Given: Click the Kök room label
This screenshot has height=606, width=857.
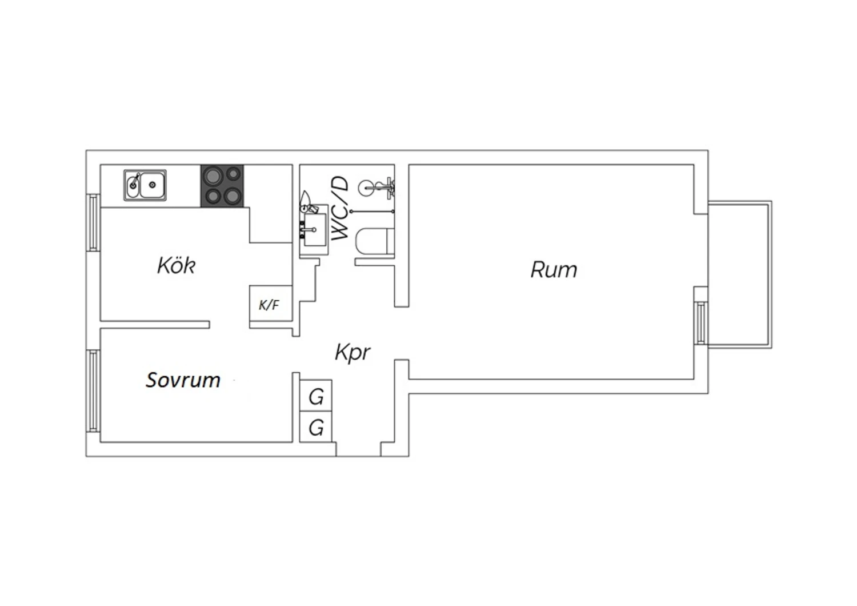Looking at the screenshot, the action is click(177, 265).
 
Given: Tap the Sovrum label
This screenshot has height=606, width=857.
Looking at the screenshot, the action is click(183, 380).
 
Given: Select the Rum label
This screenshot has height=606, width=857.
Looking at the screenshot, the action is click(554, 269).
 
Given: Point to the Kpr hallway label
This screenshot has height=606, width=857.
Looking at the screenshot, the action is click(353, 353).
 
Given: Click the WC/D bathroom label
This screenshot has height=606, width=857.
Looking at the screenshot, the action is click(340, 208).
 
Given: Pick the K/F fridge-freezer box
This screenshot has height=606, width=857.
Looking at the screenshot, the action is click(271, 303).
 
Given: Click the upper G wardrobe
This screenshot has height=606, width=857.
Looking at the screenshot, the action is click(315, 396).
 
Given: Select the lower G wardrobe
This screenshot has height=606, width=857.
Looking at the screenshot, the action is click(315, 427).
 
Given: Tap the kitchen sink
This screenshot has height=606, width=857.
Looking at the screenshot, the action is click(145, 185).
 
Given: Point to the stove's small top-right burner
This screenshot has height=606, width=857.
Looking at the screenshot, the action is click(233, 174).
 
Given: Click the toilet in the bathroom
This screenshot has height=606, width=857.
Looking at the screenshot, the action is click(375, 241).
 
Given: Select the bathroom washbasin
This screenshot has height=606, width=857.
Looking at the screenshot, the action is click(314, 229).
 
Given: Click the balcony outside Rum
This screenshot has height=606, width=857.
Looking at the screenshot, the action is click(739, 274).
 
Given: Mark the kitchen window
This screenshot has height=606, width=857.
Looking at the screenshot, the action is click(93, 222).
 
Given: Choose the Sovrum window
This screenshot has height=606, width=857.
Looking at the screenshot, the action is click(93, 391).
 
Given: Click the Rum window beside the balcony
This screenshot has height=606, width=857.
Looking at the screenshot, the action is click(700, 322).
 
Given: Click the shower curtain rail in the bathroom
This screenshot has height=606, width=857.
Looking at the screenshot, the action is click(373, 212).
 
